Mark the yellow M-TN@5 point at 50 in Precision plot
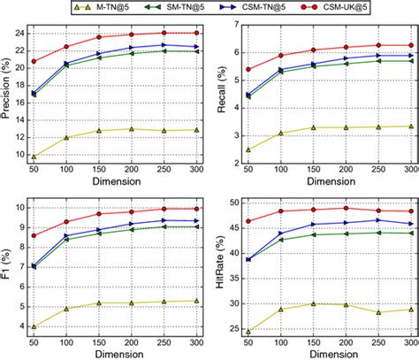34,157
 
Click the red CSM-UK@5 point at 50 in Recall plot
248,69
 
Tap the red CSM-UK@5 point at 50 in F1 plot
34,235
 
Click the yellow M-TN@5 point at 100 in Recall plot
281,133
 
